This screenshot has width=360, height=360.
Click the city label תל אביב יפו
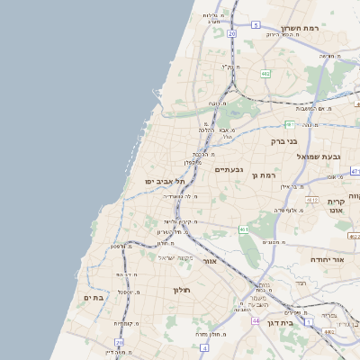pos(159,181)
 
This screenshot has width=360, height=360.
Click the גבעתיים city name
pos(229,168)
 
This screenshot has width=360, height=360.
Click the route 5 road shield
pos(256,25)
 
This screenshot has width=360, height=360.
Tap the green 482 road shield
pos(265,74)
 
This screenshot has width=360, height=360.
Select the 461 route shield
pos(244,229)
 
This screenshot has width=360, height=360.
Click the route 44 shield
pos(256,320)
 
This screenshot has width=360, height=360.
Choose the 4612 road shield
pos(311,200)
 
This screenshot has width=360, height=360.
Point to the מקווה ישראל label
pos(176,257)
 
